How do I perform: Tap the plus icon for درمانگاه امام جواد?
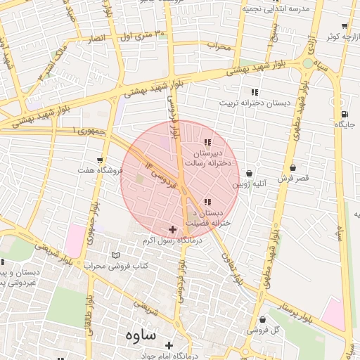[x=169, y=345]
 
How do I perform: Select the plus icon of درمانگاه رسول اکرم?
[x=172, y=229]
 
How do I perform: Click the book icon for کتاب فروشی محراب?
[x=116, y=255]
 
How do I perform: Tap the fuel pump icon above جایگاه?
[x=343, y=114]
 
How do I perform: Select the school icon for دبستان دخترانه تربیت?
[x=254, y=92]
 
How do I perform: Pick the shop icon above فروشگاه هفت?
[x=101, y=160]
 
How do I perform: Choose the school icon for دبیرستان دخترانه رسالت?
[x=206, y=143]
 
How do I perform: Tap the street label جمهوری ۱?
[x=89, y=131]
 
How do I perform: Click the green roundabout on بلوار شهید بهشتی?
[x=307, y=64]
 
